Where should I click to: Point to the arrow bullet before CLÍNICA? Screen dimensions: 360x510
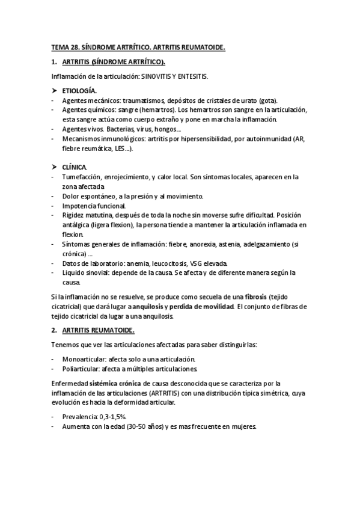pyautogui.click(x=53, y=166)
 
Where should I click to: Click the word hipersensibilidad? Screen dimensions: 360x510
pyautogui.click(x=200, y=138)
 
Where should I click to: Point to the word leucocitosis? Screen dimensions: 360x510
pyautogui.click(x=172, y=263)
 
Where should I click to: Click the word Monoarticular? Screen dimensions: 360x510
pyautogui.click(x=81, y=358)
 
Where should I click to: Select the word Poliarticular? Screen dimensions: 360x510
pyautogui.click(x=79, y=368)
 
